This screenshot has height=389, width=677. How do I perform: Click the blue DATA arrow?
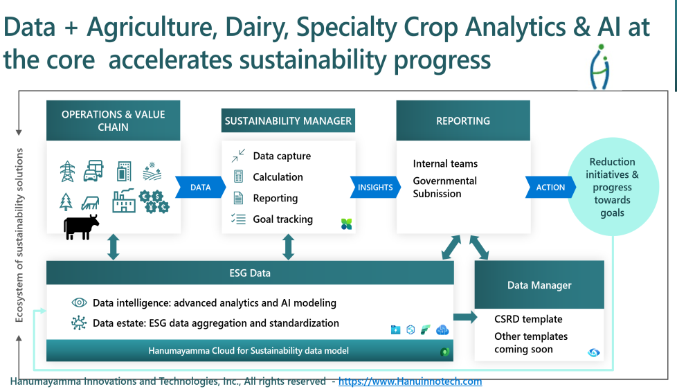(x=200, y=188)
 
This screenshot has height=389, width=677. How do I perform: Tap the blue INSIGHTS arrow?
(x=375, y=188)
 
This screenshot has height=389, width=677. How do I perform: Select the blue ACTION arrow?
(x=550, y=188)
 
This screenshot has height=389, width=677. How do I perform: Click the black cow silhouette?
(x=81, y=226)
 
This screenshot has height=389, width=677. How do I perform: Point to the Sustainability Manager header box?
(x=288, y=120)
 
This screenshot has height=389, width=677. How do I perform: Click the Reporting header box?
(x=463, y=120)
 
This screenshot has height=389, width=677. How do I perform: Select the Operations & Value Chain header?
(x=113, y=120)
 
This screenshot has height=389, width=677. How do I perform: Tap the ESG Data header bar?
(x=250, y=273)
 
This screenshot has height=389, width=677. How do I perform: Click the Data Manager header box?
(x=539, y=285)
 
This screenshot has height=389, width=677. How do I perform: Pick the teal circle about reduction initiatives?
(x=613, y=187)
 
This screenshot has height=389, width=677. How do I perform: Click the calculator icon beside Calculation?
(x=238, y=176)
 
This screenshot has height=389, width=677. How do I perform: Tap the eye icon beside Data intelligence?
(x=79, y=302)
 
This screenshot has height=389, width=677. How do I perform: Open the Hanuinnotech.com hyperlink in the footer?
(x=410, y=381)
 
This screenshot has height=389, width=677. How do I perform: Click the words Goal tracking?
(x=283, y=219)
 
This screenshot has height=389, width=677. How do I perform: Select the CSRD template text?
(x=528, y=319)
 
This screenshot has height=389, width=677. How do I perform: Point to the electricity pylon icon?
(x=67, y=172)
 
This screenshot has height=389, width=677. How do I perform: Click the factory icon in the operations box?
(x=123, y=201)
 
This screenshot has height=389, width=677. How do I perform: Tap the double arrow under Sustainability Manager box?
(x=289, y=247)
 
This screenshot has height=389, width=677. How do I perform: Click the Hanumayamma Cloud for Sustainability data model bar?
(x=250, y=350)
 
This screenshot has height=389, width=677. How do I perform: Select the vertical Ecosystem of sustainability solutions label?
(x=19, y=235)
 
